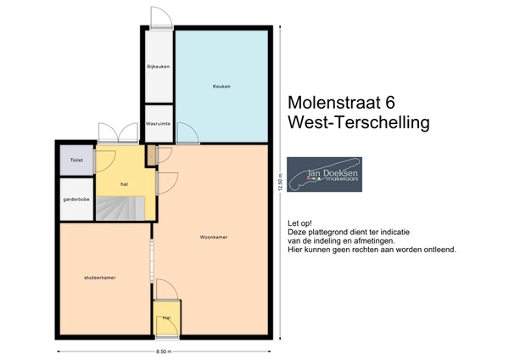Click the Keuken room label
point(221,87)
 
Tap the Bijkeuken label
point(159,65)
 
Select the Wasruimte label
point(159,123)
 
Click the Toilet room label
point(76,160)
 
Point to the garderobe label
point(76,200)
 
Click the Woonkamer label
point(212,237)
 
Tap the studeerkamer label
point(100,278)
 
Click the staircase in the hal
point(119,207)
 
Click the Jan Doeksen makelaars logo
point(324,174)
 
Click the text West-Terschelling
point(359,123)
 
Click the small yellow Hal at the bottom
point(166,318)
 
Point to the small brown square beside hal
point(151,155)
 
